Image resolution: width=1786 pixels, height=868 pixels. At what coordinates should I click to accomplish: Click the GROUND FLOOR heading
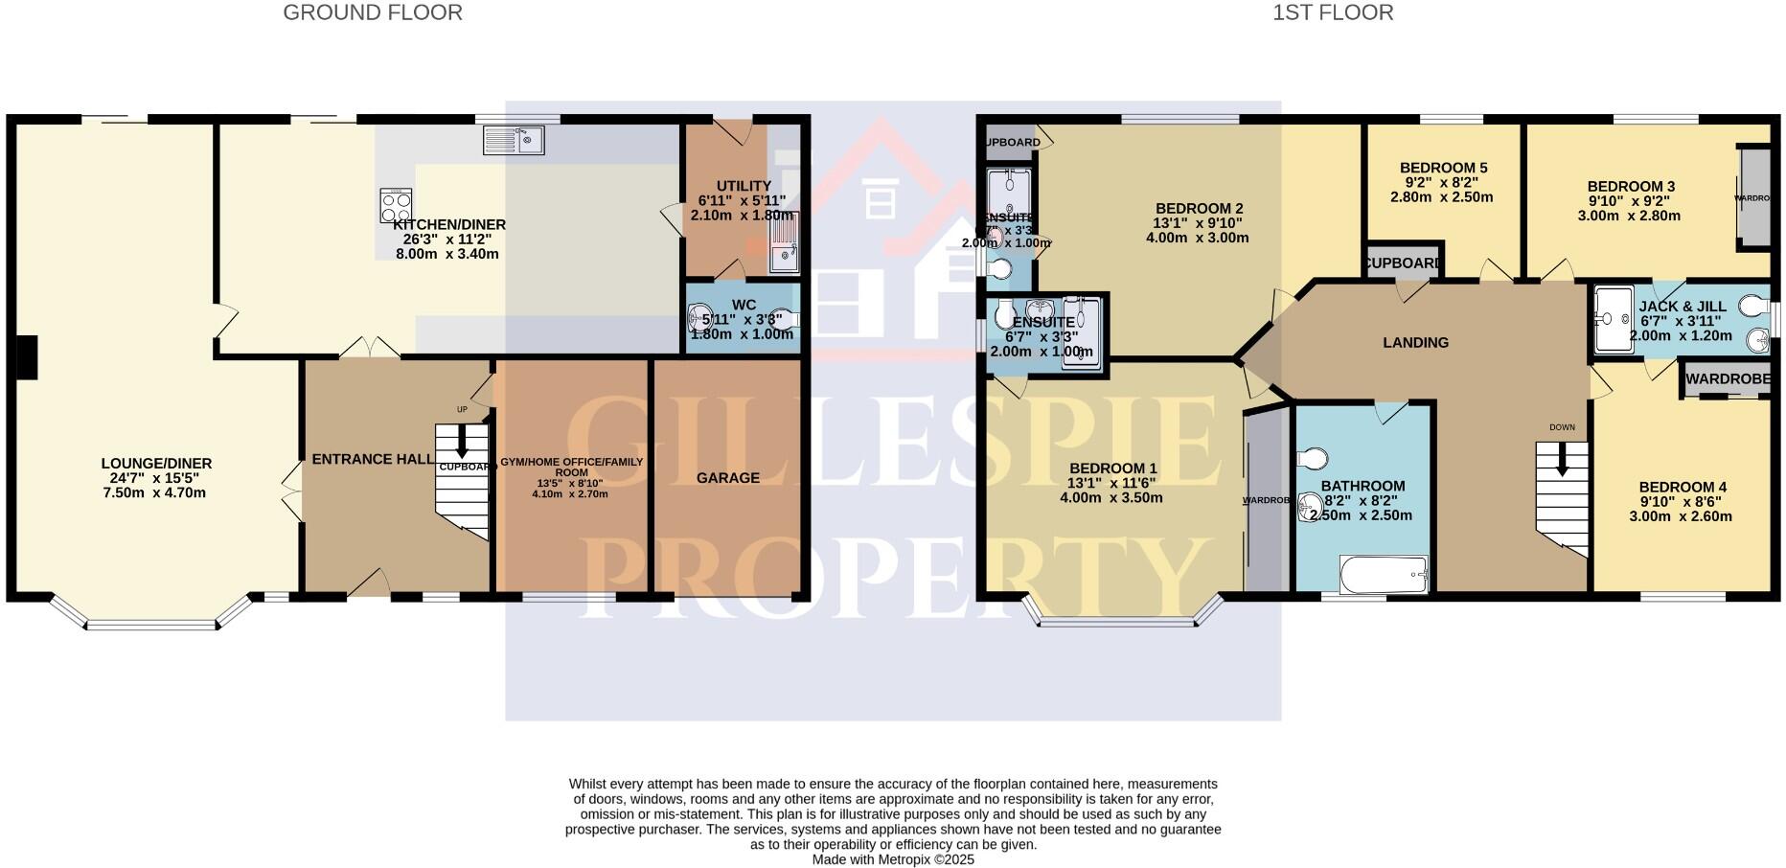pyautogui.click(x=373, y=12)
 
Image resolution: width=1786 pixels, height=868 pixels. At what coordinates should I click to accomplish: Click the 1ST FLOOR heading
pyautogui.click(x=1333, y=12)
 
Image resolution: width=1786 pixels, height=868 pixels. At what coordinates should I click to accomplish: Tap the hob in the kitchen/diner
pyautogui.click(x=396, y=204)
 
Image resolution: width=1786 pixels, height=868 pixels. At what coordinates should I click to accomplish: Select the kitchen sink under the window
pyautogui.click(x=515, y=141)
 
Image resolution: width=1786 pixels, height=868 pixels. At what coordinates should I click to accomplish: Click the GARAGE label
pyautogui.click(x=727, y=478)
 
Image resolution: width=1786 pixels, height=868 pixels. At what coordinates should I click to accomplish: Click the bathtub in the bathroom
pyautogui.click(x=1384, y=575)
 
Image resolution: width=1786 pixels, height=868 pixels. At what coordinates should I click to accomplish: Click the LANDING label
pyautogui.click(x=1415, y=342)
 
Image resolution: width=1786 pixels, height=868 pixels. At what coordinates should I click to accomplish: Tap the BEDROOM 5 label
pyautogui.click(x=1443, y=168)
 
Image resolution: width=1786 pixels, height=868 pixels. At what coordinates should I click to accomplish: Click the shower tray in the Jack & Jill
pyautogui.click(x=1614, y=319)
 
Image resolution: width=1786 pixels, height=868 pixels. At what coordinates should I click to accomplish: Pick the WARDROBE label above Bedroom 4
pyautogui.click(x=1728, y=379)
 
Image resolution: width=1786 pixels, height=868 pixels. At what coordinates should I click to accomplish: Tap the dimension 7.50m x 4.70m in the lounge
pyautogui.click(x=154, y=493)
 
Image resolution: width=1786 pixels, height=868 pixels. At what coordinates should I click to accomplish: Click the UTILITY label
pyautogui.click(x=744, y=186)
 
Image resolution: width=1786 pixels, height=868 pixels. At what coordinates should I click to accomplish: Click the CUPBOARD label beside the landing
pyautogui.click(x=1403, y=263)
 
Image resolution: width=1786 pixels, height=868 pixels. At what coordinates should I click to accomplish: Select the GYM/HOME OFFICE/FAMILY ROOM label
pyautogui.click(x=571, y=467)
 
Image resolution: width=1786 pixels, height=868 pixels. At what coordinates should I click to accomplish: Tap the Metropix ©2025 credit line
pyautogui.click(x=893, y=859)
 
